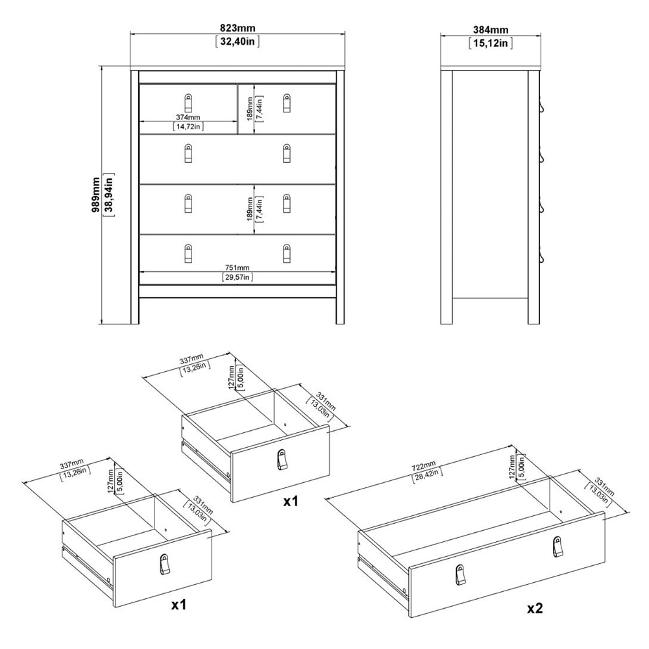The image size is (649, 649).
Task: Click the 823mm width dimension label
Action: (237, 28)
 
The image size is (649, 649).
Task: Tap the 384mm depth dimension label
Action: (491, 29)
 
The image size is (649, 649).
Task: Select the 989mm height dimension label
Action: (96, 195)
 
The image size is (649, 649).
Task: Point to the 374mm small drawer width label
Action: (188, 117)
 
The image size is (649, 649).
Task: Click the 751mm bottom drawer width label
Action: (237, 268)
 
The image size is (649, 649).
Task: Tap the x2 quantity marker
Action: (535, 607)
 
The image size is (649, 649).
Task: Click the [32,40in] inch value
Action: (238, 42)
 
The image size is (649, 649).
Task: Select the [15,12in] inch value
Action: (491, 43)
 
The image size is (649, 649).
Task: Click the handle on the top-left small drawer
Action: (188, 103)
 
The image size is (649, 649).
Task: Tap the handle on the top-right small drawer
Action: (287, 103)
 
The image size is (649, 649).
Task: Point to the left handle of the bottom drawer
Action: (188, 253)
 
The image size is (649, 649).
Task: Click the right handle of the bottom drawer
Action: (287, 253)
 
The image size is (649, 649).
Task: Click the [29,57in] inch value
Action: (237, 277)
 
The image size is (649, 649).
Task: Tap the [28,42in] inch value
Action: (428, 475)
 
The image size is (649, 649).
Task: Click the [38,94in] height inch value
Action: (110, 195)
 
